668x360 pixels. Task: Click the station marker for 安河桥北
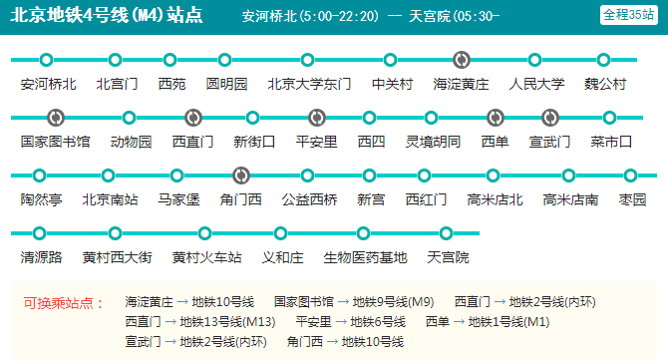(x=47, y=60)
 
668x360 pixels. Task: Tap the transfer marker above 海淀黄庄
(x=461, y=60)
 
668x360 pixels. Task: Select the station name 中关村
(x=391, y=85)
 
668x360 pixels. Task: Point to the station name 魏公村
(x=605, y=85)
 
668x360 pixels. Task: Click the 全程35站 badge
(x=627, y=15)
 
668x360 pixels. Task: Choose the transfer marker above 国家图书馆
(x=55, y=118)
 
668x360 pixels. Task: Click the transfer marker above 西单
(x=494, y=118)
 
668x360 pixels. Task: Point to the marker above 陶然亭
(x=44, y=176)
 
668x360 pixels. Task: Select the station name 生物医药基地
(x=365, y=258)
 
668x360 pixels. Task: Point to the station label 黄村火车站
(x=206, y=258)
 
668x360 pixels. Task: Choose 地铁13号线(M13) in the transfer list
(x=227, y=322)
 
